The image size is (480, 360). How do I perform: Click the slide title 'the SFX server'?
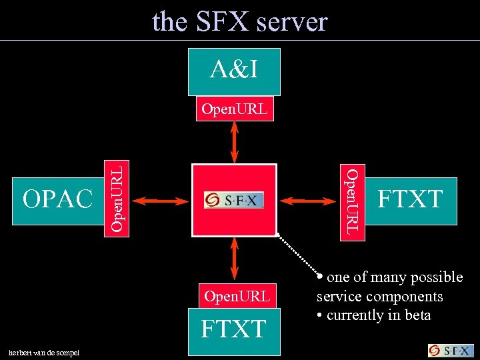pyautogui.click(x=240, y=21)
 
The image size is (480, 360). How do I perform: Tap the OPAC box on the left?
pyautogui.click(x=57, y=199)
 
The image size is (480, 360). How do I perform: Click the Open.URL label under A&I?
pyautogui.click(x=234, y=109)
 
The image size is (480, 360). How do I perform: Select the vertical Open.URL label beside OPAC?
pyautogui.click(x=117, y=198)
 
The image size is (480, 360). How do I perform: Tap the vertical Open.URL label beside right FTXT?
pyautogui.click(x=352, y=201)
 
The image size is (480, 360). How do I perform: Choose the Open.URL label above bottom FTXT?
pyautogui.click(x=236, y=296)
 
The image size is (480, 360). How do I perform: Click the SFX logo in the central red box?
pyautogui.click(x=234, y=200)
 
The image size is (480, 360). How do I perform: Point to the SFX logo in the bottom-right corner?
pyautogui.click(x=450, y=351)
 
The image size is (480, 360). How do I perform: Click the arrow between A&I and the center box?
pyautogui.click(x=234, y=143)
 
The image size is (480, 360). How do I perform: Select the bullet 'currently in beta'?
pyautogui.click(x=377, y=315)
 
